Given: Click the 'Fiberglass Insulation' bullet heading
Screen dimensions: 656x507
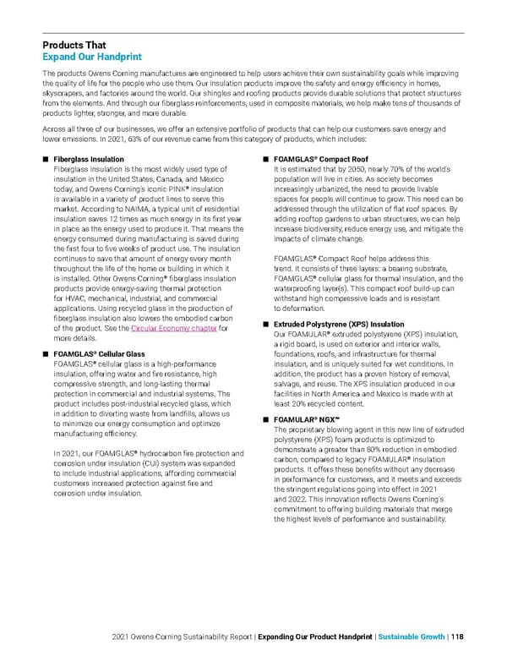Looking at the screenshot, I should [89, 159].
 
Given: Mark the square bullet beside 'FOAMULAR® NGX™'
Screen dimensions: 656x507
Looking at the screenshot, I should [265, 420].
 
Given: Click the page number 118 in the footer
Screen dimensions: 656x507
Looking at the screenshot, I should [456, 638].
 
